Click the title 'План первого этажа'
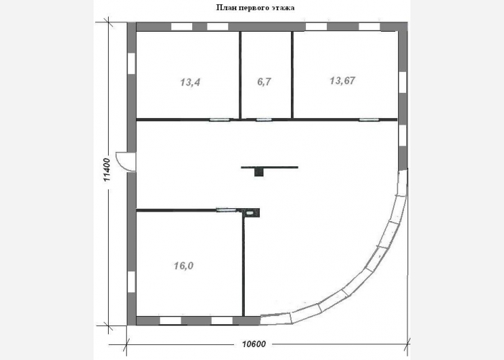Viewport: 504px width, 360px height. (255, 7)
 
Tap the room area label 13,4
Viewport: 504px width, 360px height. (190, 82)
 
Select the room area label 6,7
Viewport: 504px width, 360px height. (264, 82)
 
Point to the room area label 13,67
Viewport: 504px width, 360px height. (343, 81)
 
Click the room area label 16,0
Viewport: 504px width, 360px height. (184, 266)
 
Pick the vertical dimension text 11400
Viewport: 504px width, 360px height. (107, 169)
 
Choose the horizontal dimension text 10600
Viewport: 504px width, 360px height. (254, 344)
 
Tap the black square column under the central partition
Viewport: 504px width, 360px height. (258, 172)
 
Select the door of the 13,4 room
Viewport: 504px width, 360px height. (220, 120)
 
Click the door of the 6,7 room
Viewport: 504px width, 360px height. (264, 120)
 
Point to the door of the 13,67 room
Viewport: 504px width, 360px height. (369, 120)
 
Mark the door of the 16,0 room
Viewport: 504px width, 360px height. (227, 210)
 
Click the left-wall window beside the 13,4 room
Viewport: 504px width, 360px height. (132, 63)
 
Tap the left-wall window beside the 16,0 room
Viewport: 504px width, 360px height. (132, 282)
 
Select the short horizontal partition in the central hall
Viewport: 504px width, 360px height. (270, 167)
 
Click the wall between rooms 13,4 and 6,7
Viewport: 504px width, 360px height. (240, 75)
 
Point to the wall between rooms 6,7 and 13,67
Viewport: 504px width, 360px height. (292, 75)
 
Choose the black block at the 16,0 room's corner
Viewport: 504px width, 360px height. (252, 212)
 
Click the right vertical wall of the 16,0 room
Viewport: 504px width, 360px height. (243, 264)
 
